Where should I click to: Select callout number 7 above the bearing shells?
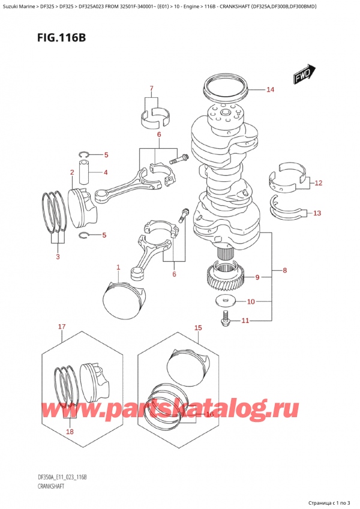coord(152,88)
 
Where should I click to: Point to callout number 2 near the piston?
coord(71,173)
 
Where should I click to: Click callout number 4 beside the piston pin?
coord(105,173)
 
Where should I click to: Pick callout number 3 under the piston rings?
coord(58,257)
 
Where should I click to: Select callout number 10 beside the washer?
coord(251,301)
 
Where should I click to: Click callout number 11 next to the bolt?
coord(245,321)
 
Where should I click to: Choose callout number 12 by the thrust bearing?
coord(317,182)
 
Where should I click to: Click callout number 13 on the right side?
coord(317,212)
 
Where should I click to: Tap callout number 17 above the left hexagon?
coord(61,327)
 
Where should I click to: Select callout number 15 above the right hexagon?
coord(198,328)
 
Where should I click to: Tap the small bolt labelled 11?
coord(226,318)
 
